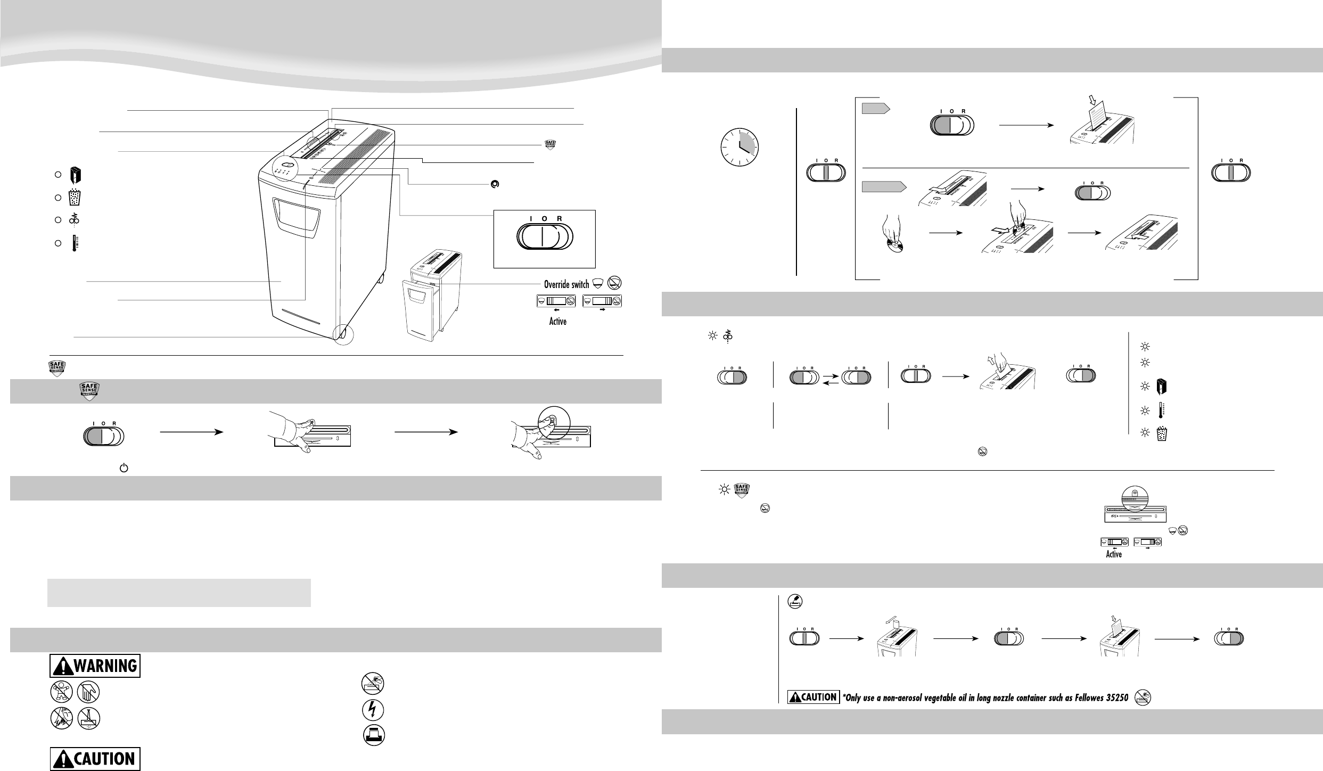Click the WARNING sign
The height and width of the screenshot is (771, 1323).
click(x=95, y=666)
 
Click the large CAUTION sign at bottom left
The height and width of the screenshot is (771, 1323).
click(x=95, y=759)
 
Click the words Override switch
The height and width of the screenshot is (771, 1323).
click(x=566, y=284)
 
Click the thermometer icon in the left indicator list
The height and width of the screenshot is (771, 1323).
click(x=75, y=243)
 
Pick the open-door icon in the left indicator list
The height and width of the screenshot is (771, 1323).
click(x=75, y=175)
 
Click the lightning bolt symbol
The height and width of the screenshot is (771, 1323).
click(x=373, y=710)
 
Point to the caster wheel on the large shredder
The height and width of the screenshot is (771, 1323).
click(x=343, y=334)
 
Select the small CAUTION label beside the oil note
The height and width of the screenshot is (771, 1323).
click(x=813, y=696)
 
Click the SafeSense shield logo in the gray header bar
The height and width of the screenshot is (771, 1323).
click(x=90, y=391)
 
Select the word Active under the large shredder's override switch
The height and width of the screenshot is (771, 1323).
click(x=557, y=322)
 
